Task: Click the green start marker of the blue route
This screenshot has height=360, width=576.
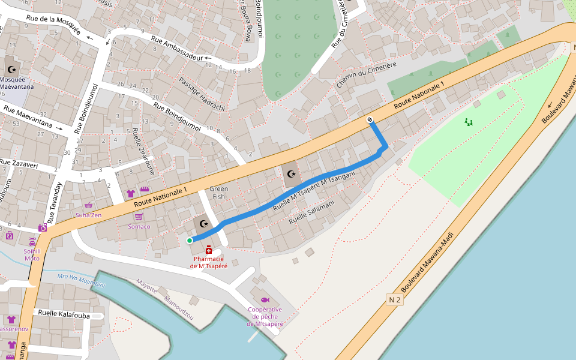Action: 190,241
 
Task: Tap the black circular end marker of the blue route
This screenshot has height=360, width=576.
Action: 371,119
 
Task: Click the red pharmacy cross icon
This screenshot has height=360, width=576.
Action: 208,250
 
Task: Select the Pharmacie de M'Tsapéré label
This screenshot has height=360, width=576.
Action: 208,262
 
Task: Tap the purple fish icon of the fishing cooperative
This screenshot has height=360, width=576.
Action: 265,299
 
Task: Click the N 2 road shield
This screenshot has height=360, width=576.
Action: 394,299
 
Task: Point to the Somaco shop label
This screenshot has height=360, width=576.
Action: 139,226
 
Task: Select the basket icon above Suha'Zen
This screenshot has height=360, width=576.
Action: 89,205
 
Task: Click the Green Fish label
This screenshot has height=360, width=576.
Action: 218,193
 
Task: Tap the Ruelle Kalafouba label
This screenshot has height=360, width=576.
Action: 63,314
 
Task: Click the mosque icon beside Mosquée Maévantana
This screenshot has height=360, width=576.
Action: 11,70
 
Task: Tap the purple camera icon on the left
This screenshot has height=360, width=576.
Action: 43,228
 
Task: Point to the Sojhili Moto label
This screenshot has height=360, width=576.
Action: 32,254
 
